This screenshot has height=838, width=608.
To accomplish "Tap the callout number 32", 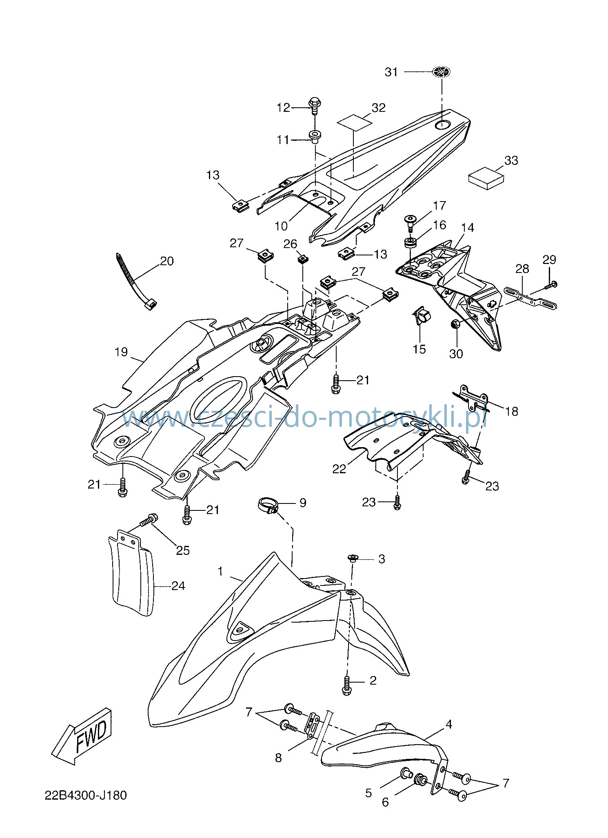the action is click(x=379, y=107).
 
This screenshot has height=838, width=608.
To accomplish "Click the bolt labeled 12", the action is click(x=315, y=106).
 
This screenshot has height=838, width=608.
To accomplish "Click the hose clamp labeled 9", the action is click(x=268, y=506).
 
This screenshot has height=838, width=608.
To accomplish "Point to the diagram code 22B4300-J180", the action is click(x=86, y=796).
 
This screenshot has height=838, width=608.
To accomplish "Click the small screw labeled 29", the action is click(x=551, y=285).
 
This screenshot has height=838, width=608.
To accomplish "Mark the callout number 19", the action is click(x=121, y=352).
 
